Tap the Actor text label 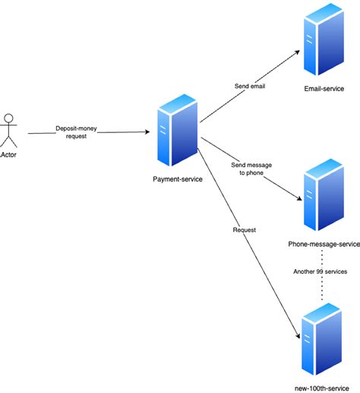(10, 154)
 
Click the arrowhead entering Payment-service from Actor (147, 132)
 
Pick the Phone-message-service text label (324, 244)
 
